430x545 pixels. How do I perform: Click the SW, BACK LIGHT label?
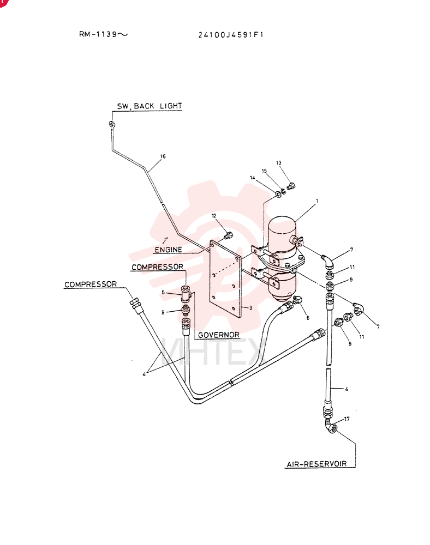[x=150, y=106]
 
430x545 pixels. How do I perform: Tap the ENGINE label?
[x=169, y=250]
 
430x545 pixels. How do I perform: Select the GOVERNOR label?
[x=219, y=335]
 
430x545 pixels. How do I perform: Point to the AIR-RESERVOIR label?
[x=316, y=464]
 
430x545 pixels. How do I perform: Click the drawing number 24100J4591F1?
[x=231, y=34]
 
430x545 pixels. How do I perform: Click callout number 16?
[x=163, y=156]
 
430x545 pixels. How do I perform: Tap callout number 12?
[x=214, y=216]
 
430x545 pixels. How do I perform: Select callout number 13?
[x=279, y=162]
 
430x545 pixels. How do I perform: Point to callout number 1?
[x=317, y=201]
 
